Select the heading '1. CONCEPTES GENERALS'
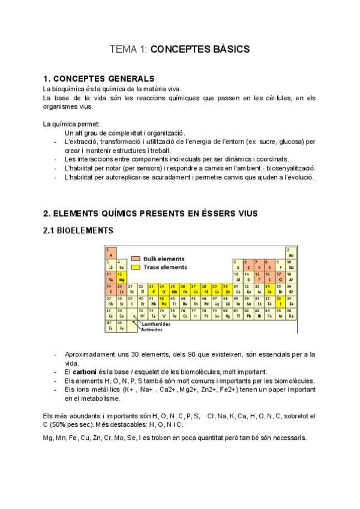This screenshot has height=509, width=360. [99, 79]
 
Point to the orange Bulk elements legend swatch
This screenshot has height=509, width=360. [136, 258]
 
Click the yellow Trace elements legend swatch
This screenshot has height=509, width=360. [136, 267]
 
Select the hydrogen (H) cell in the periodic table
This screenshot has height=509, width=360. [110, 253]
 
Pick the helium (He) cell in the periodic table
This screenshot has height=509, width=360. [291, 253]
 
